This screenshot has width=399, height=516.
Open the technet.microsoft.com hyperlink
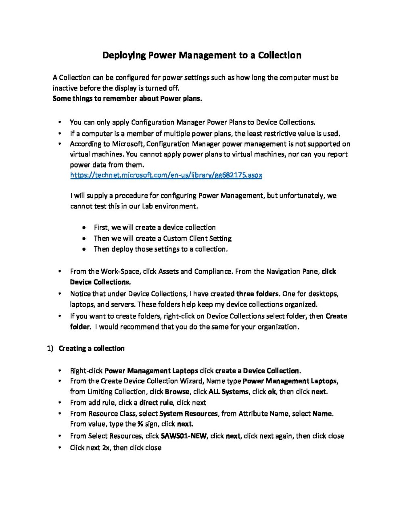[166, 175]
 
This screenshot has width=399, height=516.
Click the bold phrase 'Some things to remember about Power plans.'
[127, 98]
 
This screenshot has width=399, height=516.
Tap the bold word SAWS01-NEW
[184, 436]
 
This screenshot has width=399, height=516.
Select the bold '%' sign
[140, 424]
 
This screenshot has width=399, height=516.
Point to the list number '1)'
[50, 348]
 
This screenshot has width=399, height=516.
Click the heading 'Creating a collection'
[92, 348]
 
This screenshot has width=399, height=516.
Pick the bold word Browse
[177, 391]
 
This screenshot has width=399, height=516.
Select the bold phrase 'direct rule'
[156, 402]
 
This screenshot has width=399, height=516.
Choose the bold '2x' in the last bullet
[106, 447]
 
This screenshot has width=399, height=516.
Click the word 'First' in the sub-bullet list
[101, 227]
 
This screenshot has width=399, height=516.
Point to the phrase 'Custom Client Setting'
[197, 238]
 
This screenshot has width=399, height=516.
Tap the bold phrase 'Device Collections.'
[100, 282]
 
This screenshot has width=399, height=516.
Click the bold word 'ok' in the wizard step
[272, 391]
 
